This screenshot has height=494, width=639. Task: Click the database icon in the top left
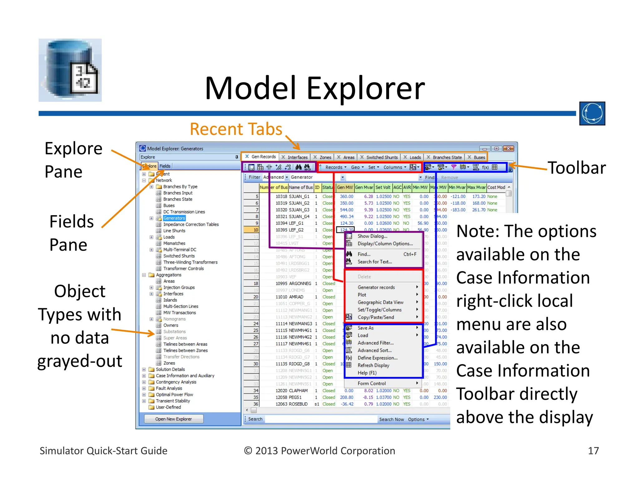70,70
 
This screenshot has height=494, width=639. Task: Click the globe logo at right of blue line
592,113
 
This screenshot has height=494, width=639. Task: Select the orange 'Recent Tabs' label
236,129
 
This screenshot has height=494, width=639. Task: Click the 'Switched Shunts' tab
382,157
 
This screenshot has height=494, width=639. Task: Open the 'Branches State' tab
447,157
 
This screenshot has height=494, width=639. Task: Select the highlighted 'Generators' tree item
174,218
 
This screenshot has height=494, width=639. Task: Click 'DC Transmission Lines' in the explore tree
184,212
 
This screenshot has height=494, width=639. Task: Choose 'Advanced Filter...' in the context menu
375,343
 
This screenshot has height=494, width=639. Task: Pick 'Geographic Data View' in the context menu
380,302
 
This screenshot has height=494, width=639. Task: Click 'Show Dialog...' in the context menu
372,236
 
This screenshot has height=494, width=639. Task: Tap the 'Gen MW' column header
345,187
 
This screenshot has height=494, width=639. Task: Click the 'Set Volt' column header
383,187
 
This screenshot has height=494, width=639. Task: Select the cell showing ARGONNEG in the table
300,284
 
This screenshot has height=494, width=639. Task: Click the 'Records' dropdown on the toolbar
336,167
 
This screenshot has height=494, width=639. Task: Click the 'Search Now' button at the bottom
391,419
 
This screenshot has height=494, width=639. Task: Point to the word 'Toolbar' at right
577,168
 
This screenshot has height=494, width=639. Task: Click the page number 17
593,451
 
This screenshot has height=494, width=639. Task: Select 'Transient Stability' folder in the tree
173,401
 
